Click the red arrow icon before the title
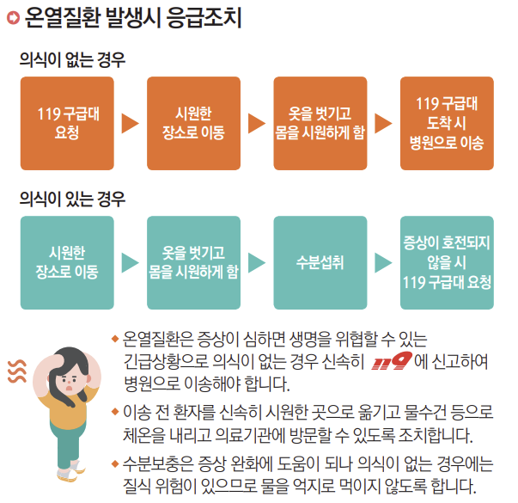coord(12,17)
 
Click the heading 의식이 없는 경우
coord(72,60)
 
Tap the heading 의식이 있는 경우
coord(72,199)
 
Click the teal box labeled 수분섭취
coord(320,262)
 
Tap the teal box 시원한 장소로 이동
coord(67,262)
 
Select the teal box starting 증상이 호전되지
coord(447,262)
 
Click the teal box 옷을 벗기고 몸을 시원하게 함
coord(194,262)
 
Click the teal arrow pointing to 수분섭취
coord(257,262)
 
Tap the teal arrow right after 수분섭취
coord(383,262)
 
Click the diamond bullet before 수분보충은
coord(115,465)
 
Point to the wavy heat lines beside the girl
coord(15,370)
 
